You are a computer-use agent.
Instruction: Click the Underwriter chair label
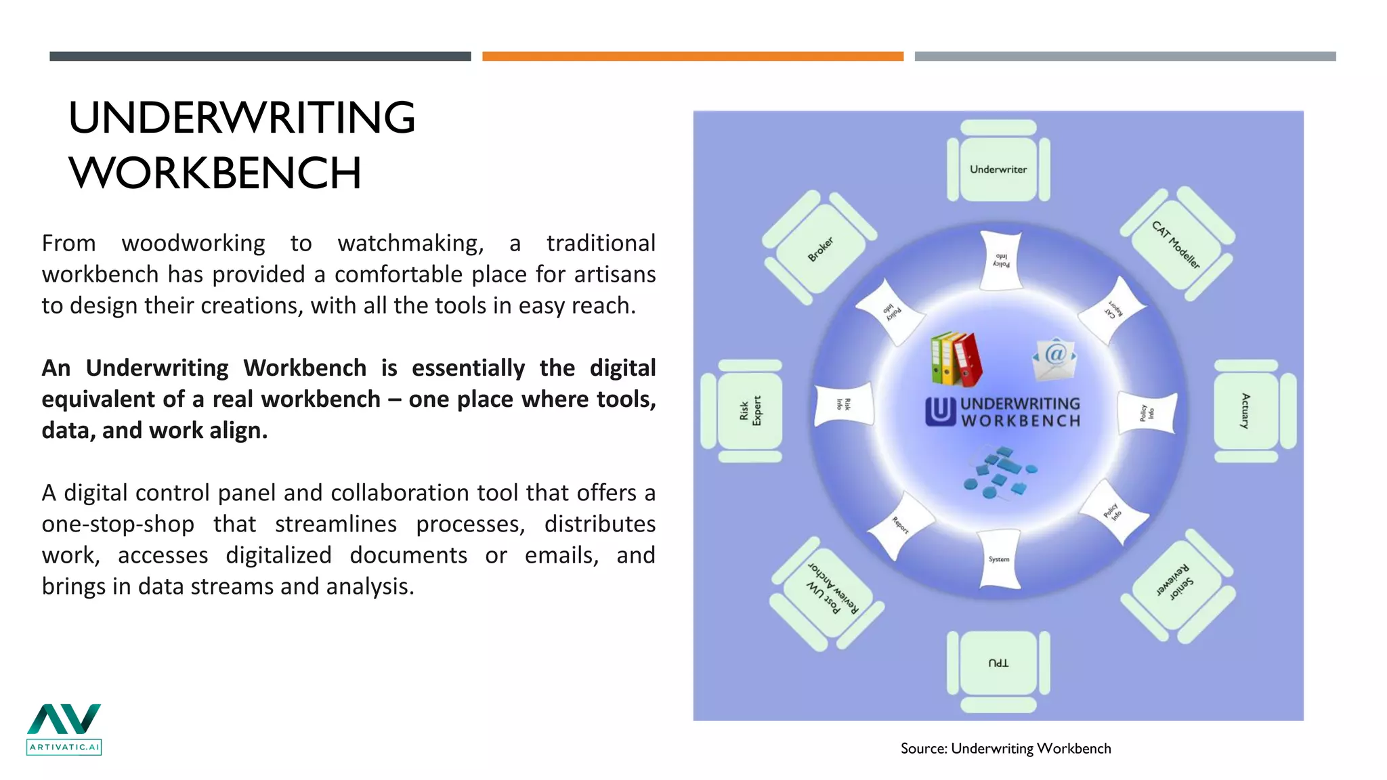(998, 169)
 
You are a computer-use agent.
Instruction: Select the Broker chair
(820, 249)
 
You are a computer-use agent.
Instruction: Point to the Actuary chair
(1245, 411)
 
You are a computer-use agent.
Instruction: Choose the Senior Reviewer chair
(1176, 580)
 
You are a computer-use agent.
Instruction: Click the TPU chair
(998, 663)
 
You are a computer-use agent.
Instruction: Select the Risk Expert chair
(750, 411)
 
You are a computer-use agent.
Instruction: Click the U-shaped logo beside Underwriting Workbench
(940, 411)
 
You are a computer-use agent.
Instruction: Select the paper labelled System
(999, 559)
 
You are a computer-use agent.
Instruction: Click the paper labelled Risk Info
(842, 405)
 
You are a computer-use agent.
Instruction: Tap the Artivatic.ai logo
(64, 729)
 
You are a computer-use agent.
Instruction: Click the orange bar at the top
(692, 57)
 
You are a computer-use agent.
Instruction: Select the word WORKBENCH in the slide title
(215, 173)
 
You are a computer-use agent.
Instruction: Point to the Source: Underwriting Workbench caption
(1005, 748)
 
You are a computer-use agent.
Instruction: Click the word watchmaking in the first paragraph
(410, 243)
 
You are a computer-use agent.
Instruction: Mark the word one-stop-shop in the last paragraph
(118, 524)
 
